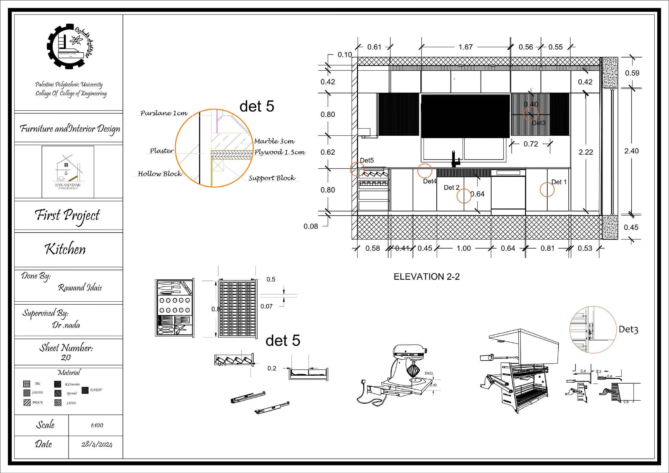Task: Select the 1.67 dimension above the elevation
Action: coord(465,47)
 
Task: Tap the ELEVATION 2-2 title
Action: coord(427,277)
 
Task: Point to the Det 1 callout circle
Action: coord(547,190)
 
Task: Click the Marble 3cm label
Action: coord(274,141)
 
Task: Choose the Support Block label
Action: coord(272,178)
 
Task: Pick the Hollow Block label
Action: coord(160,174)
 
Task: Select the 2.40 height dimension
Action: coord(631,151)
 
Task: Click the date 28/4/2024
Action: coord(97,444)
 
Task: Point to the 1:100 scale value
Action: coord(97,425)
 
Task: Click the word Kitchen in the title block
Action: coord(65,249)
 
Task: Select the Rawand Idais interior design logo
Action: coord(68,172)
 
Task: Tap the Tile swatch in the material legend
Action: coord(26,384)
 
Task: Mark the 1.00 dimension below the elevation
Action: coord(464,248)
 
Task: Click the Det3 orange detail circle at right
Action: coord(593,330)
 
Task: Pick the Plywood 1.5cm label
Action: coord(280,152)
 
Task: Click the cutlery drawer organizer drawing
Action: coord(174,308)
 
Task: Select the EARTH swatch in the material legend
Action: coord(85,390)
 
